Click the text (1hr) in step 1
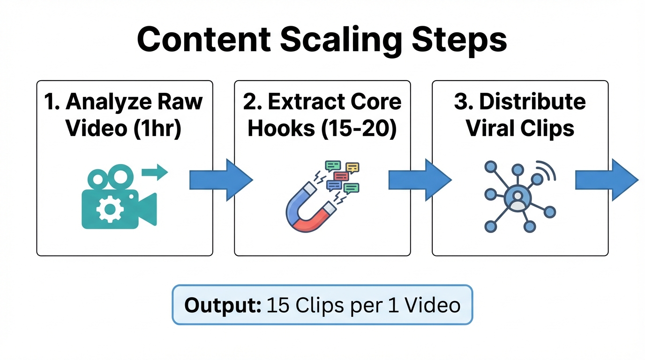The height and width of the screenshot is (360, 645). [x=152, y=128]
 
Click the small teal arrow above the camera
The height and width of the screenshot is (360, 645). [x=154, y=172]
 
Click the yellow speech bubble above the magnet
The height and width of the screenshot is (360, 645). [x=352, y=167]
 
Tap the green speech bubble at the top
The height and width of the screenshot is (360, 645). [x=333, y=165]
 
